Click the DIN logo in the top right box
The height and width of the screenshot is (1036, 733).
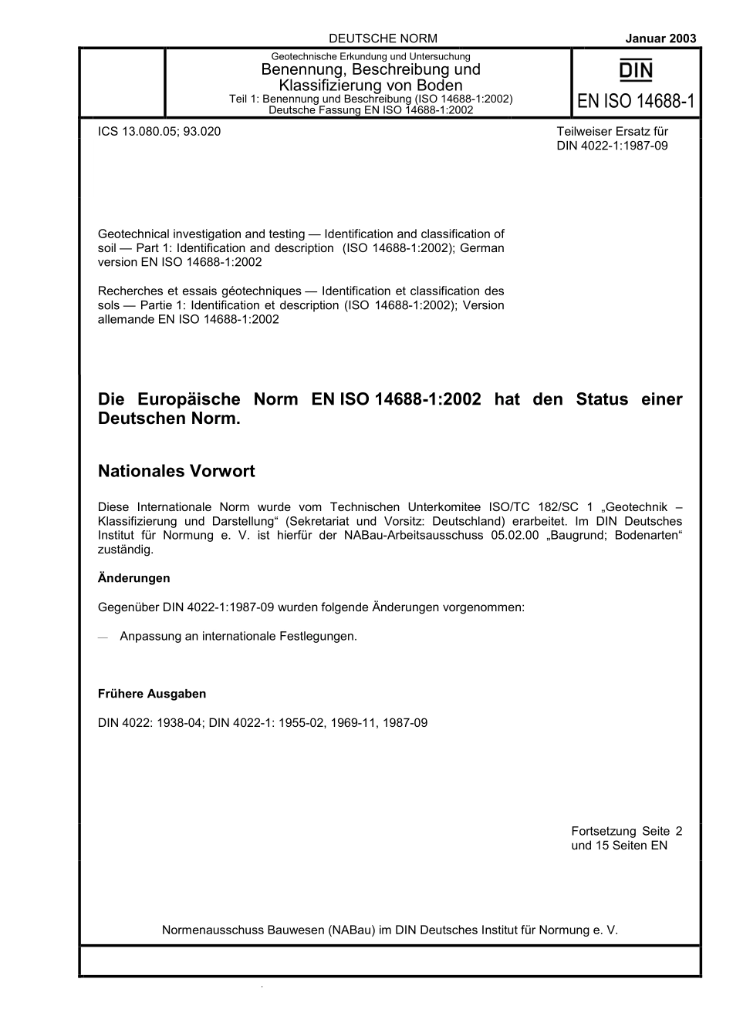tap(637, 72)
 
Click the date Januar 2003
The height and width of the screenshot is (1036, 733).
tap(660, 38)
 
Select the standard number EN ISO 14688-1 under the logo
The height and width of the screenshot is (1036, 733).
tap(637, 101)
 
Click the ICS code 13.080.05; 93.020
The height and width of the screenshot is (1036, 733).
tap(159, 131)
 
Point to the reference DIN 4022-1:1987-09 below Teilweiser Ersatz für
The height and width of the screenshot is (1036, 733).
tap(612, 145)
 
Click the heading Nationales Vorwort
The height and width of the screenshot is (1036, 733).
tap(176, 471)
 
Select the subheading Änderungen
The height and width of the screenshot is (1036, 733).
tap(133, 578)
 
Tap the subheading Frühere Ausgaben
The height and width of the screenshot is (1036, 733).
tap(152, 694)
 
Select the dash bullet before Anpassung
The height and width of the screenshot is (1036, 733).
tap(103, 637)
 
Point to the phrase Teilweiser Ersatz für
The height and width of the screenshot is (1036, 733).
tap(612, 131)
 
